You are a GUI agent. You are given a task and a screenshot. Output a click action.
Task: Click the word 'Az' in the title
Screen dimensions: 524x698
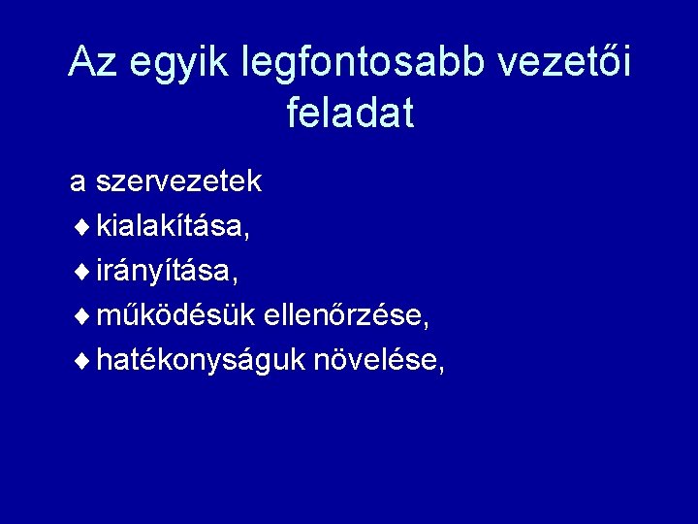point(89,64)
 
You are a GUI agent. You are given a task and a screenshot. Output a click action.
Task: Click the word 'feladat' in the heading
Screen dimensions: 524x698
point(350,114)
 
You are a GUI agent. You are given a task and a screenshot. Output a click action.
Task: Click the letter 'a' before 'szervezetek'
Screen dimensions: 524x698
point(78,183)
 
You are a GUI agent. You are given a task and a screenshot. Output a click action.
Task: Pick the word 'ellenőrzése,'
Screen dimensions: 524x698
point(346,317)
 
